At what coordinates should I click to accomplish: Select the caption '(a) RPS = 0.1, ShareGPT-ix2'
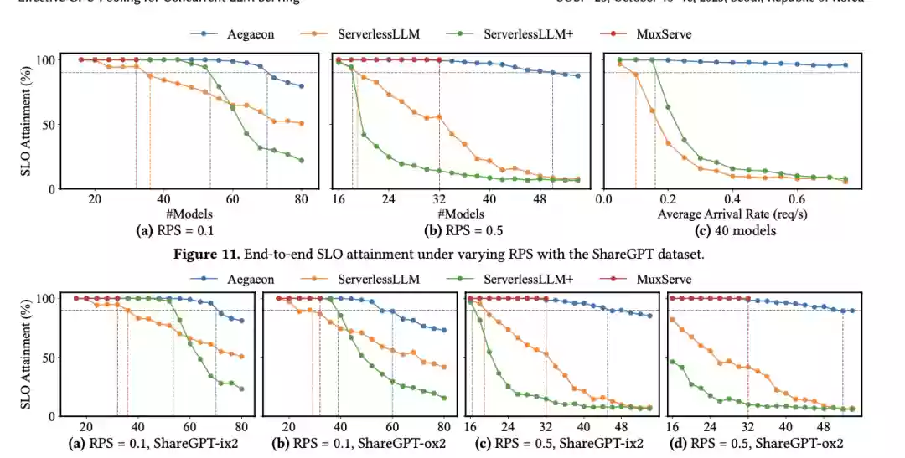coord(153,443)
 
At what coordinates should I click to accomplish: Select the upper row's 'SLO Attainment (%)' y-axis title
coord(27,123)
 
